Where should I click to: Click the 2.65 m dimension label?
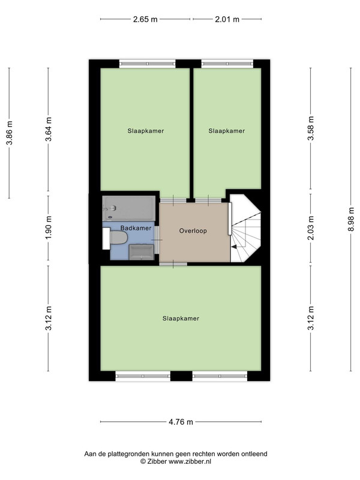(x=145, y=19)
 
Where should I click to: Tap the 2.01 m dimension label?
(x=227, y=19)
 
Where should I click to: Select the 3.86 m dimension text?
(x=10, y=133)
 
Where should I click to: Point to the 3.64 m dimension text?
(x=49, y=129)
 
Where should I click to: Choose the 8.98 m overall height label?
(x=351, y=220)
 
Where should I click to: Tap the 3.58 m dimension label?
(x=311, y=128)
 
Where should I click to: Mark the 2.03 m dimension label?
(x=311, y=228)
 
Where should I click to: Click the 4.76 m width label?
(x=181, y=422)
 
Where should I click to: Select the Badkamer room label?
(x=136, y=228)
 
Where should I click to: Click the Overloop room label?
(x=193, y=231)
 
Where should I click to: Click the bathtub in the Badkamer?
(x=129, y=208)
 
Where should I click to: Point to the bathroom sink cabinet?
(x=141, y=252)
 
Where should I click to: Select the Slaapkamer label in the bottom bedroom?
(x=181, y=319)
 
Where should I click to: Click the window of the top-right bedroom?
(x=227, y=64)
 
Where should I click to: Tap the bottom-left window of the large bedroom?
(x=143, y=376)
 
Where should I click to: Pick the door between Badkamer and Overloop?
(x=157, y=239)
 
